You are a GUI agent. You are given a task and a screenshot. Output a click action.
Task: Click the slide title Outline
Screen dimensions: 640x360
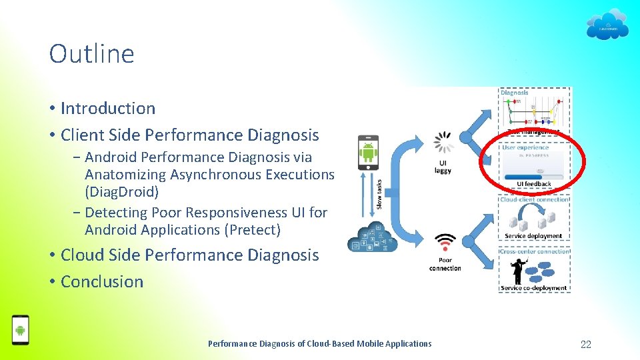[91, 54]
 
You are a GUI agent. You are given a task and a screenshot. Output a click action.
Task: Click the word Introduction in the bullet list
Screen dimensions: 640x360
[108, 108]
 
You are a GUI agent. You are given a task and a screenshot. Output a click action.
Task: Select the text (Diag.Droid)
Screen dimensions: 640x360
[122, 192]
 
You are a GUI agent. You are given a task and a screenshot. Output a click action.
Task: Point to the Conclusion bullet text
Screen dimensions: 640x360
[102, 281]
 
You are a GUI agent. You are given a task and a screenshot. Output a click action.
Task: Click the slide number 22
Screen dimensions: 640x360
[586, 344]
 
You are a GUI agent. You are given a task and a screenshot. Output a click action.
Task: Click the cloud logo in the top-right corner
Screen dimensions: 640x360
[607, 25]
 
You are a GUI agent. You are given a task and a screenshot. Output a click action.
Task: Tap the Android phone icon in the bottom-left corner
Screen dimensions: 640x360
[21, 329]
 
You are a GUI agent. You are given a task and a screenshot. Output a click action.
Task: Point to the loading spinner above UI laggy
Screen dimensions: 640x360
[443, 141]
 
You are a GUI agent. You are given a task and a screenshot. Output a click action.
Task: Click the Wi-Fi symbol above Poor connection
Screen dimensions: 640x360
[445, 241]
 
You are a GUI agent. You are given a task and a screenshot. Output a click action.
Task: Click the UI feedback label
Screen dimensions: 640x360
[534, 184]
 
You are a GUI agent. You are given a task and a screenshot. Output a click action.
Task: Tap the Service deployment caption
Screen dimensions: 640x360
[533, 236]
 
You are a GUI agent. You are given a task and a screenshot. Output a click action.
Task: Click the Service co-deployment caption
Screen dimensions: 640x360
[533, 288]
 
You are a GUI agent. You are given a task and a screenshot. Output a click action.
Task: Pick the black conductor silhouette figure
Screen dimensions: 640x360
[517, 270]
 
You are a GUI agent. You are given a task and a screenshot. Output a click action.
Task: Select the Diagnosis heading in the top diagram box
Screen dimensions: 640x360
[514, 93]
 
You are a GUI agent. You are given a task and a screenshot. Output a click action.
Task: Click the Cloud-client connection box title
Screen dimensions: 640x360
[534, 199]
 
